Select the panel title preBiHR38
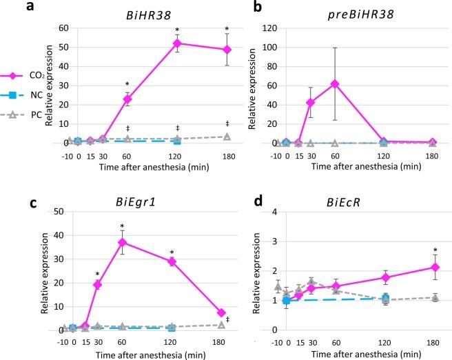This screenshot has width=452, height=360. point(356,13)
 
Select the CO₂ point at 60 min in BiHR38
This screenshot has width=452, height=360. point(127,99)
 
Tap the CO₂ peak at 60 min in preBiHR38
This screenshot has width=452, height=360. point(333,83)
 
